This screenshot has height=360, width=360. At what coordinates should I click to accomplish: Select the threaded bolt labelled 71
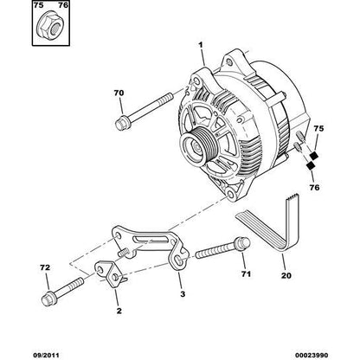pyautogui.click(x=218, y=252)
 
